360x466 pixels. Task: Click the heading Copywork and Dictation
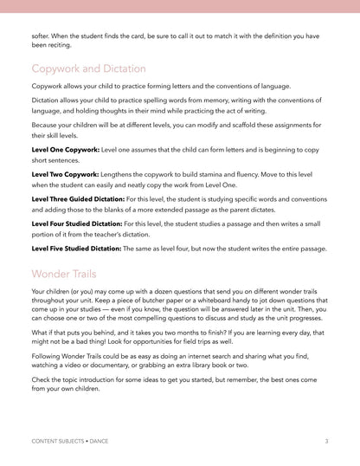point(88,68)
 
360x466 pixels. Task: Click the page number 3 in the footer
point(326,442)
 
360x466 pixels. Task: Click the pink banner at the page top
point(180,5)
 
